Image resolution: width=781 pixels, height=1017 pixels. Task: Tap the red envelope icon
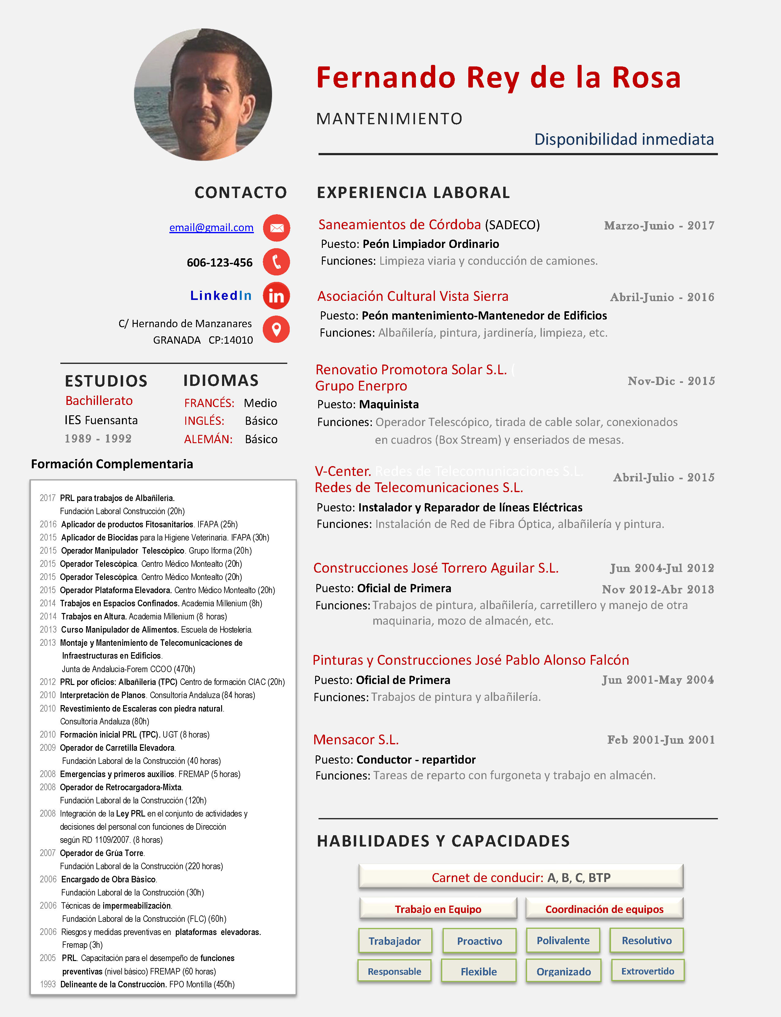click(x=277, y=228)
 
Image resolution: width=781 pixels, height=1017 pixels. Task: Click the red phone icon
click(x=277, y=262)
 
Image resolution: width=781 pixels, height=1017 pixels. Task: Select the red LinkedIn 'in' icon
click(x=277, y=295)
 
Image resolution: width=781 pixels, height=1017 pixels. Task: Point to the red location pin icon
click(x=276, y=329)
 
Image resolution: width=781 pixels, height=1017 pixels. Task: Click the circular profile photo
click(x=203, y=95)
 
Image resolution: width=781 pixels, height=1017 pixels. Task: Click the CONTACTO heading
click(x=240, y=192)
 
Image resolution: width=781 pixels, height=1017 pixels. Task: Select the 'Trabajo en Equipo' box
click(x=438, y=909)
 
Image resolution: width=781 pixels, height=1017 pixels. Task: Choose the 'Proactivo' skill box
click(x=479, y=941)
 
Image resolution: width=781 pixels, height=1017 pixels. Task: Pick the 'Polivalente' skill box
click(x=563, y=940)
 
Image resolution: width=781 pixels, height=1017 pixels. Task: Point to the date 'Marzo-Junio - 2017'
click(x=659, y=226)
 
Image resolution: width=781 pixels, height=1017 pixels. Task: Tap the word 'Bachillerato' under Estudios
click(x=99, y=401)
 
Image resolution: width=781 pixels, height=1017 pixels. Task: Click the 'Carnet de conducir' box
click(x=521, y=877)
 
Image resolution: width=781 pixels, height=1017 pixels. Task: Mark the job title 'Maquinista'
click(x=389, y=404)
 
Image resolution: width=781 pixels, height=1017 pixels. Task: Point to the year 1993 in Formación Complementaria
click(x=48, y=984)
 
